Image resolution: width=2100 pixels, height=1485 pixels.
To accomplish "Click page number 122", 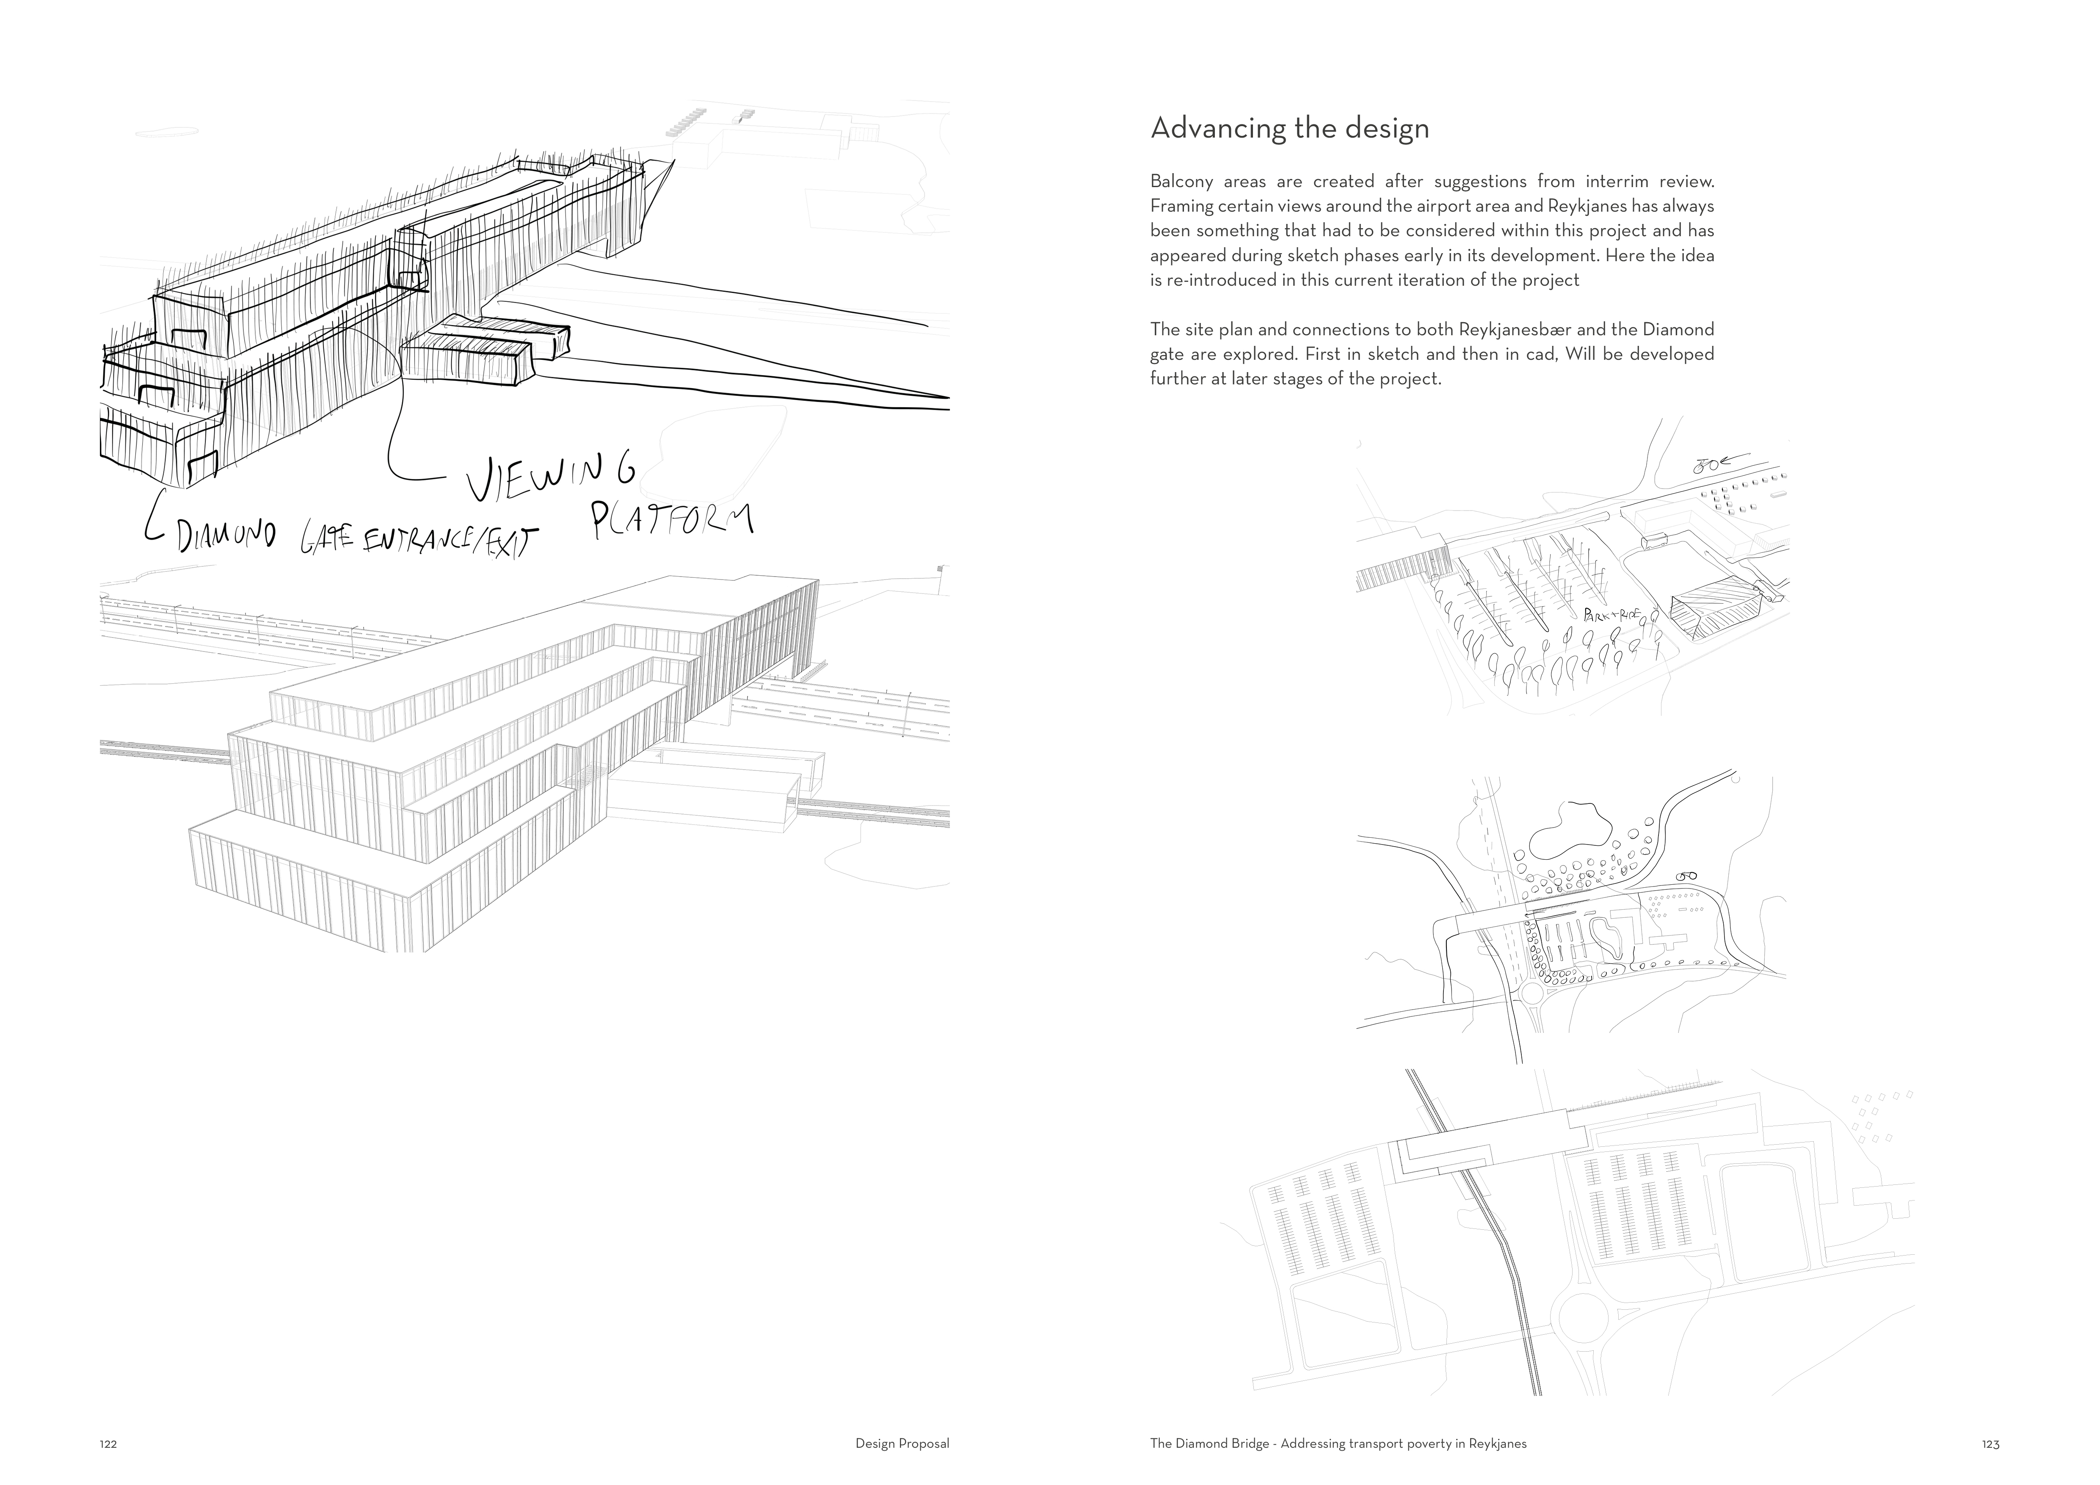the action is pyautogui.click(x=108, y=1444).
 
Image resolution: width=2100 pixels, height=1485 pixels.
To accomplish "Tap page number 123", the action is pyautogui.click(x=1990, y=1444).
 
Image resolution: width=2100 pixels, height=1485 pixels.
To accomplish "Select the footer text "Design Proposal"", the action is pyautogui.click(x=902, y=1444).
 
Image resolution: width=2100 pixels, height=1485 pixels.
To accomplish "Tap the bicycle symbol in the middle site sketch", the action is pyautogui.click(x=1686, y=875).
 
